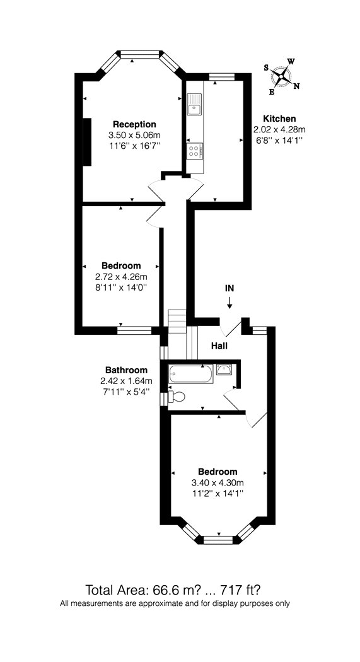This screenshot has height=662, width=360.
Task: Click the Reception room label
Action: [134, 125]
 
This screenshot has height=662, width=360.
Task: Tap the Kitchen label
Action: [279, 119]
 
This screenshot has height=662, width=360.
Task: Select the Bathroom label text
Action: [127, 370]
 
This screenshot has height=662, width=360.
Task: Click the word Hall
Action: [219, 346]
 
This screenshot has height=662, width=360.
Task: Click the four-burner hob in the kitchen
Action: [195, 151]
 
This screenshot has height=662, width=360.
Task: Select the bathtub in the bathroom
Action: [190, 374]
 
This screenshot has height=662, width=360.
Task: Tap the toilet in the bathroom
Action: [176, 397]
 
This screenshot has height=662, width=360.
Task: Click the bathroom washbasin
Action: [224, 369]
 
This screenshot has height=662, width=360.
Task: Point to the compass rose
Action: [281, 76]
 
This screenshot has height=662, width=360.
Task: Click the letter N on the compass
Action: [296, 86]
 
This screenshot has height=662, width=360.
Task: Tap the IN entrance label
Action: [229, 289]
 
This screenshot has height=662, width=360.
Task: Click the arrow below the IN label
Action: [229, 303]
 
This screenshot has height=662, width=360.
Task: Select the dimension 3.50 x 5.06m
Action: [135, 136]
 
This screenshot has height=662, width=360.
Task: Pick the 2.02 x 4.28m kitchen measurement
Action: [279, 130]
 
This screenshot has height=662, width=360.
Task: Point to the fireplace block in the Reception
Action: [87, 142]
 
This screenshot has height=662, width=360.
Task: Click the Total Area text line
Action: [175, 589]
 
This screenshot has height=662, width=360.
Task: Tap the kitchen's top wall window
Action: [221, 76]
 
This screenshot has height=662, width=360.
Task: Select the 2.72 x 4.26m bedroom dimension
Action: [122, 277]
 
